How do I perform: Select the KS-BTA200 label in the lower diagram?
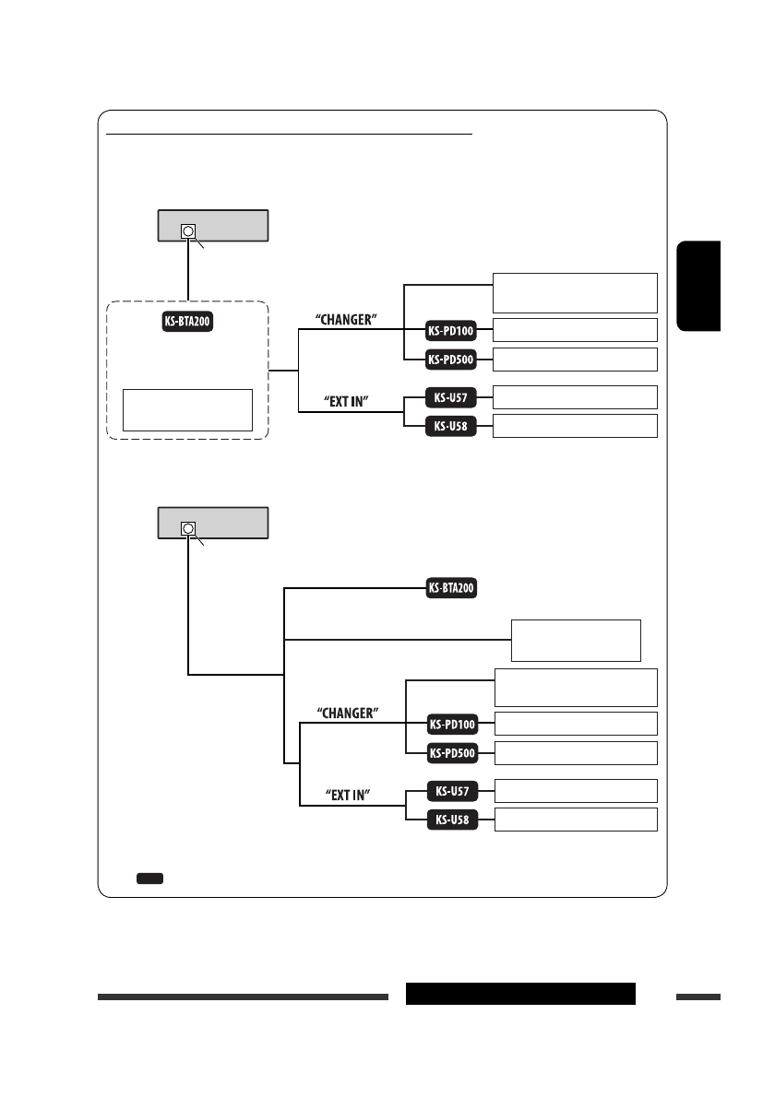[x=452, y=589]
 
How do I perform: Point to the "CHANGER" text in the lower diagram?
[x=349, y=713]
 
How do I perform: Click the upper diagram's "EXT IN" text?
[x=347, y=402]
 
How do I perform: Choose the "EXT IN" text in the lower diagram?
[x=347, y=794]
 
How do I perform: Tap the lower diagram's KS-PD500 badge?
[x=452, y=753]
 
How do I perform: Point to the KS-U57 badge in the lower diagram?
[x=452, y=791]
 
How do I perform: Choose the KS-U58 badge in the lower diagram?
[x=452, y=820]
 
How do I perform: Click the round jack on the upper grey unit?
[x=188, y=230]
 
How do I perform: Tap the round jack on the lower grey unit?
[x=188, y=529]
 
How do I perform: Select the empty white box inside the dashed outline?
[x=188, y=409]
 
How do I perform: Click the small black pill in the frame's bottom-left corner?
[x=149, y=879]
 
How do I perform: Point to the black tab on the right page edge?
[x=698, y=286]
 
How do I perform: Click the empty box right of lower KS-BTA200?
[x=576, y=640]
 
